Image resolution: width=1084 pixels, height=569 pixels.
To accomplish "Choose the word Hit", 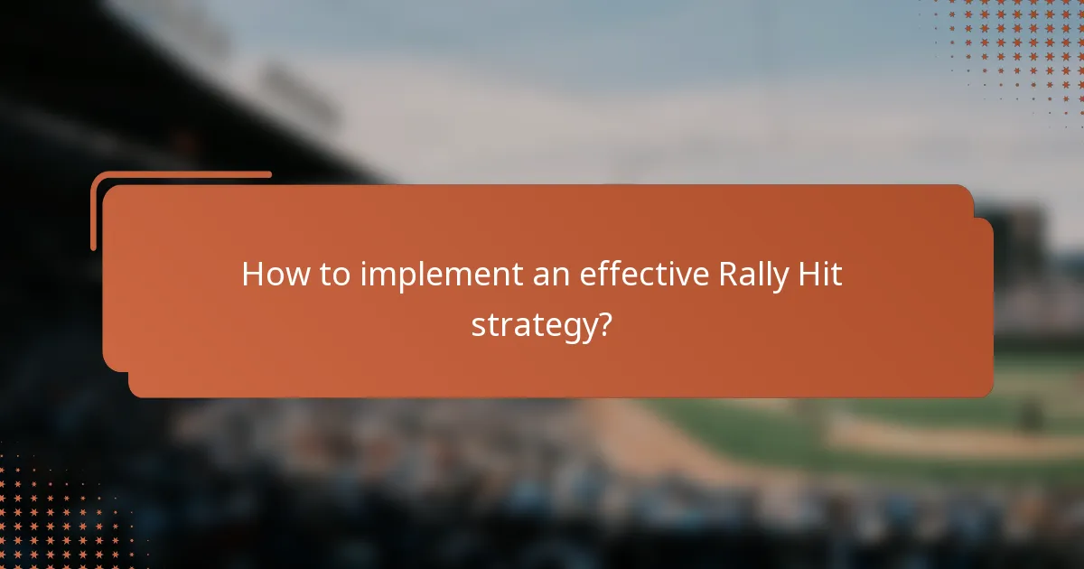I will pos(822,275).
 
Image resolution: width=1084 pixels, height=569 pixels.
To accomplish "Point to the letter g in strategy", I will pos(562,329).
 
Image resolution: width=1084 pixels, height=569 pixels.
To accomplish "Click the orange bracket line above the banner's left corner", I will pos(181,174).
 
